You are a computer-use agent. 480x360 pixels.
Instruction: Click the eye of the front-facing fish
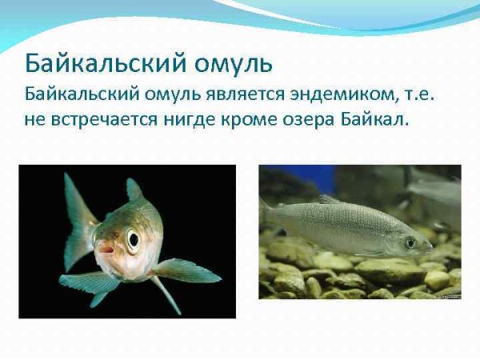(x=132, y=238)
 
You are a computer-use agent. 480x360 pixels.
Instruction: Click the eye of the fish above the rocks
(x=410, y=242)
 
